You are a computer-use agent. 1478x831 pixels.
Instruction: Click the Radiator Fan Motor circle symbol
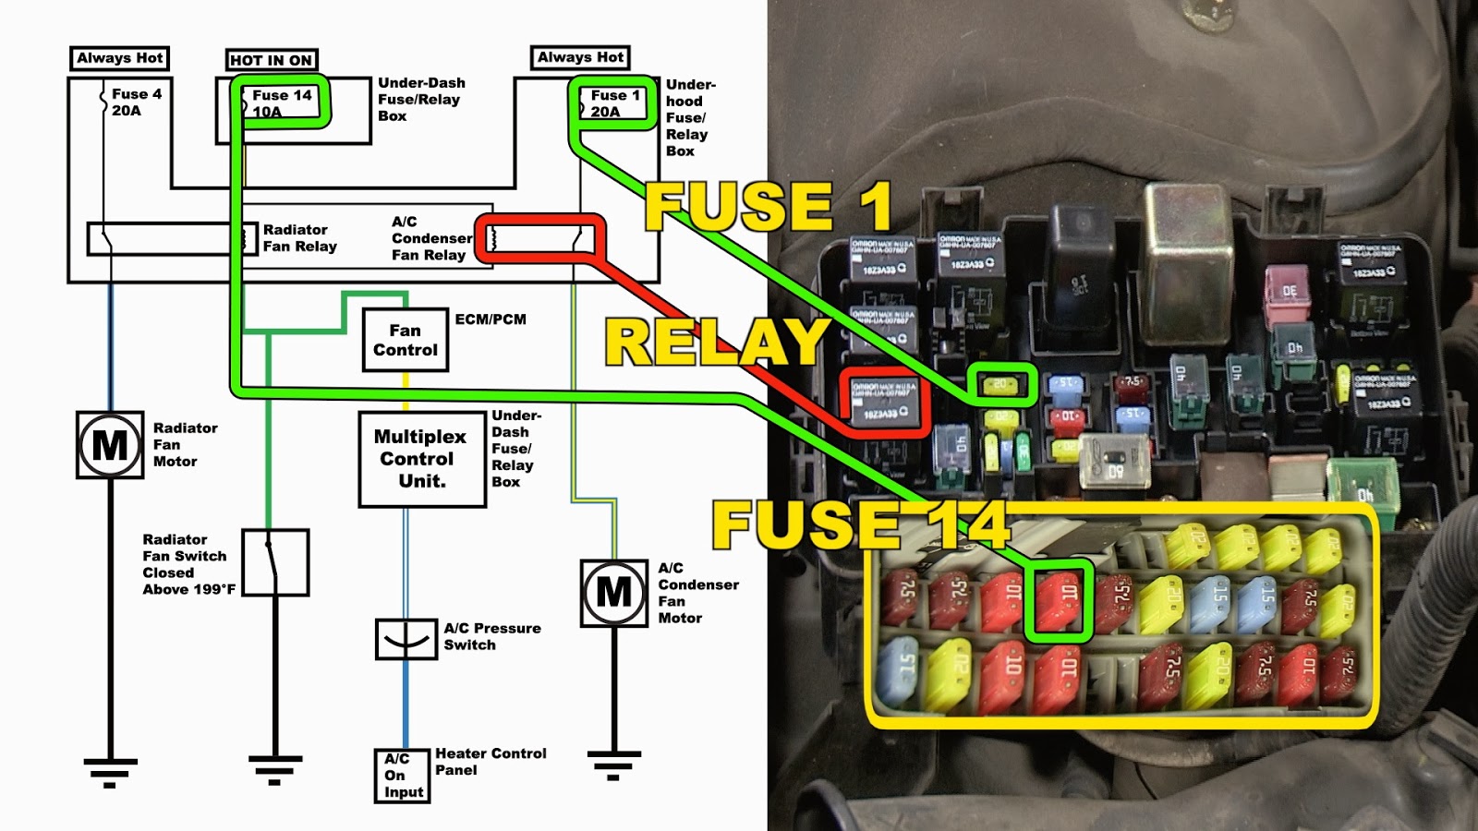coord(110,445)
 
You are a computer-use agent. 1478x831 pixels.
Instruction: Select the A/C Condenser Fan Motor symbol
coord(614,593)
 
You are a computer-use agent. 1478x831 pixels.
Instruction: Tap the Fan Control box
coord(405,340)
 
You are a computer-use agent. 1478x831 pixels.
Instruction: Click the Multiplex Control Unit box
coord(422,459)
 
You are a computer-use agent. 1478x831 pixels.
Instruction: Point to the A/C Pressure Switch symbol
coord(406,639)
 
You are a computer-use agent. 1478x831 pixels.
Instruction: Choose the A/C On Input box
coord(403,776)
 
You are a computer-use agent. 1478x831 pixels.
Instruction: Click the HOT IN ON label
coord(272,60)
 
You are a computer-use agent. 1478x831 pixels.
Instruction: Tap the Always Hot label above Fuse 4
coord(120,58)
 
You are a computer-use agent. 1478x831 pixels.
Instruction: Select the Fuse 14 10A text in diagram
coord(281,102)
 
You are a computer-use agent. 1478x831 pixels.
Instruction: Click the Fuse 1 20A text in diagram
coord(614,102)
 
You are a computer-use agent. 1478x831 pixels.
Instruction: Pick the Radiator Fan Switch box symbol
coord(275,562)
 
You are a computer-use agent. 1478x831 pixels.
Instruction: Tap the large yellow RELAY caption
coord(716,343)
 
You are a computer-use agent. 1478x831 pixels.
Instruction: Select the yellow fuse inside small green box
coord(1001,384)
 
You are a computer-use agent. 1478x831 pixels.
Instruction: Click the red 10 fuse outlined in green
coord(1059,600)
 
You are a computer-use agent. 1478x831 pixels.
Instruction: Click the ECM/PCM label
coord(491,319)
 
